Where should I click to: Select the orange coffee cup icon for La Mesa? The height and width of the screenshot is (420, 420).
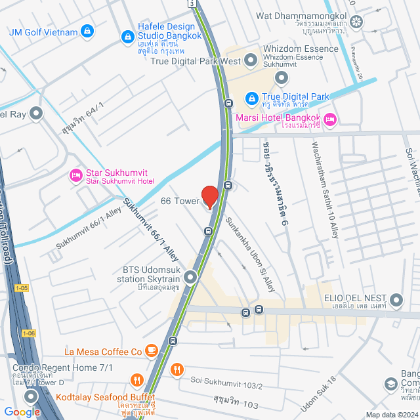(152, 352)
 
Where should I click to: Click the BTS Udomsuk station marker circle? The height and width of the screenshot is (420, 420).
(190, 278)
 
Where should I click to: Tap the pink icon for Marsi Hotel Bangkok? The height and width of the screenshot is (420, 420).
(330, 119)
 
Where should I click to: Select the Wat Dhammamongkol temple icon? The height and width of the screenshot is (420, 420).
(356, 22)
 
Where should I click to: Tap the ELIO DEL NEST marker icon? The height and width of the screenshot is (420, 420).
(396, 301)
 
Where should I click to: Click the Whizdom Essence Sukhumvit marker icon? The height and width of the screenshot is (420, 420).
(282, 79)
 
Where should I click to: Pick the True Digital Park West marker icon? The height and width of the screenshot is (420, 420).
(250, 61)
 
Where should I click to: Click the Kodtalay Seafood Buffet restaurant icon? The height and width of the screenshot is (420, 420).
(137, 379)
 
